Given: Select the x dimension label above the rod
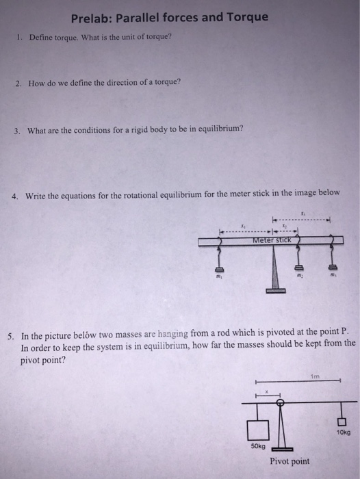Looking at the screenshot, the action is [268, 392].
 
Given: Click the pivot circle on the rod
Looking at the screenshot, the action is [280, 402].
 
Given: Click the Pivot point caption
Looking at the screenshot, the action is [290, 461].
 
